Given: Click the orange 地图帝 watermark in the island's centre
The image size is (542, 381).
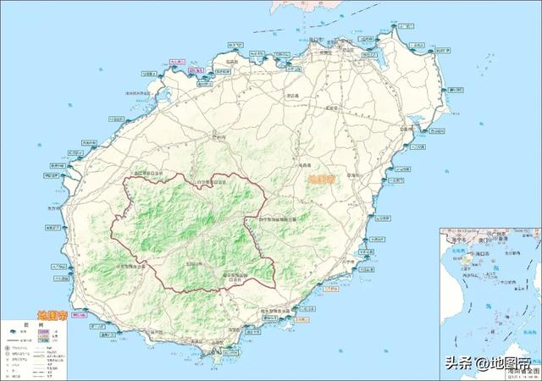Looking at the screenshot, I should pyautogui.click(x=322, y=179).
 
